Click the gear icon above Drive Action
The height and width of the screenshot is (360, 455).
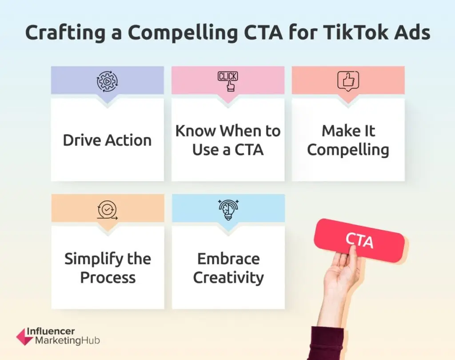click(x=108, y=81)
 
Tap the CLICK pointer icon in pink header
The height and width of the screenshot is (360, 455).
click(x=228, y=81)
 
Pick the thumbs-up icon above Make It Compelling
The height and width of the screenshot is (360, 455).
click(x=348, y=81)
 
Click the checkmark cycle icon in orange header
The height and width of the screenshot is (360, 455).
click(x=108, y=210)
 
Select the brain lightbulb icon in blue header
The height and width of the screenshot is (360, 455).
click(x=228, y=210)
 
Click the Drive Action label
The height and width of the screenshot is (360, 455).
click(x=108, y=140)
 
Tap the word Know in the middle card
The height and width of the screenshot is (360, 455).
click(x=196, y=131)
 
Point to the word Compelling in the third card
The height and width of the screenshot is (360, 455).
click(x=348, y=150)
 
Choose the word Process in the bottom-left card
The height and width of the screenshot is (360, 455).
click(x=108, y=278)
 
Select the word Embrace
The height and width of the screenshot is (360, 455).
click(x=229, y=259)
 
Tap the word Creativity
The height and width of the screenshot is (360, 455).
click(x=229, y=278)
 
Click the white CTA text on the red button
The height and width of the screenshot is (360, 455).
click(x=359, y=240)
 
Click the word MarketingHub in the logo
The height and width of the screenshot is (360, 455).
click(x=68, y=340)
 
